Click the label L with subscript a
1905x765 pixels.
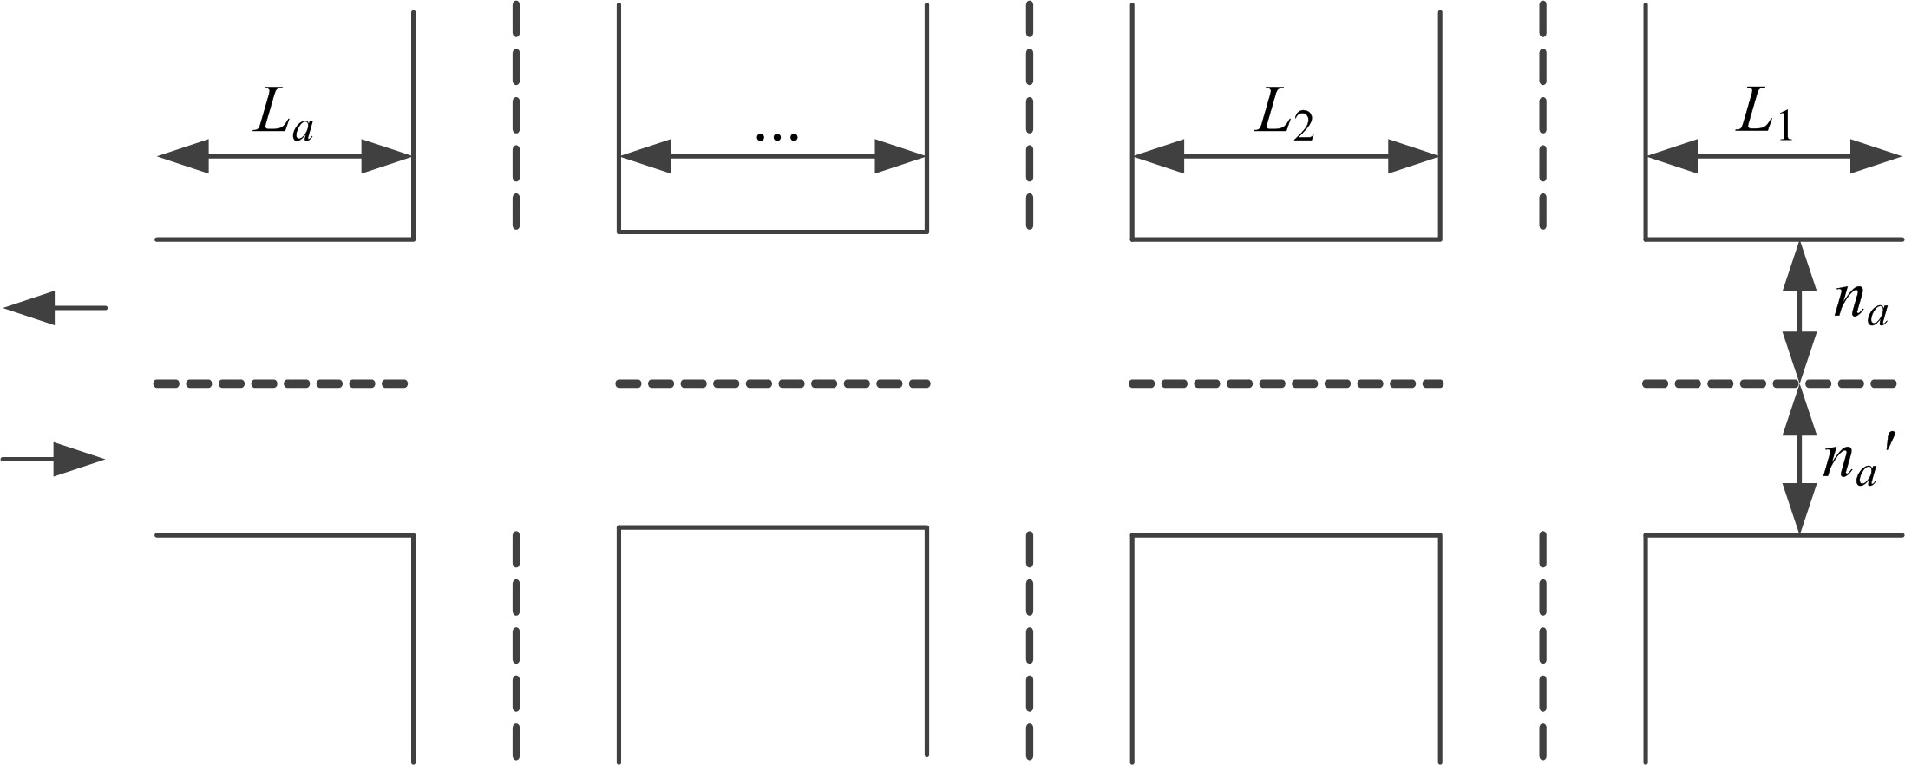tap(284, 114)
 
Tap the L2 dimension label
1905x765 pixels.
tap(1285, 114)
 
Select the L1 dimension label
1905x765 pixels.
tap(1764, 114)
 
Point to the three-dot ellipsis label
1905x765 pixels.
tap(776, 135)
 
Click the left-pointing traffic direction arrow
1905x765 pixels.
tap(55, 308)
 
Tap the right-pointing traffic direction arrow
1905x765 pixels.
tap(53, 459)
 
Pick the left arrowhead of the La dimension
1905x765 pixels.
tap(183, 156)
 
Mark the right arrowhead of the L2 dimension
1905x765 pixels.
tap(1413, 156)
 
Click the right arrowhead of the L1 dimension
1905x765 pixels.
tap(1876, 156)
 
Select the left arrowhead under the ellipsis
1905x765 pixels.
tap(645, 156)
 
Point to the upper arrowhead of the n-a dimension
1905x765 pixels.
tap(1799, 266)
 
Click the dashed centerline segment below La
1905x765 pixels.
tap(281, 383)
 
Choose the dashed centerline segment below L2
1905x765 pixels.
tap(1286, 383)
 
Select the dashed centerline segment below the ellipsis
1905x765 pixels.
tap(773, 383)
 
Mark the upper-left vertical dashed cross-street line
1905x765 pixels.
tap(516, 115)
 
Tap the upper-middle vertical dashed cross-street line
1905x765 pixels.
tap(1030, 115)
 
